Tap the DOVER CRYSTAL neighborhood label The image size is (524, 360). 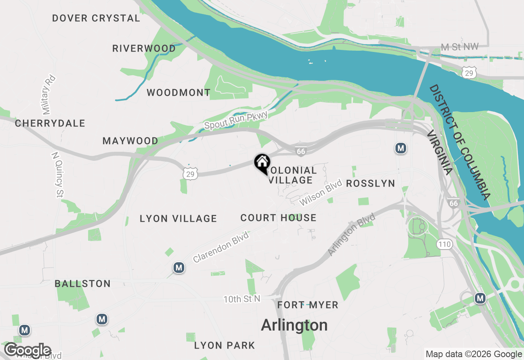pos(96,18)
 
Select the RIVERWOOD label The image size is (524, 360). pos(144,48)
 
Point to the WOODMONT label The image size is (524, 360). pos(178,93)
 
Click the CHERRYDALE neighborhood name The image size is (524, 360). pos(50,123)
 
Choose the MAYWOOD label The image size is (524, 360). pos(130,141)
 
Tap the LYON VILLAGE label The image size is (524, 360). pos(178,218)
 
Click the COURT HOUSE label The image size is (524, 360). pos(278,218)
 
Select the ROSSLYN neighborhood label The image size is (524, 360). pos(370,184)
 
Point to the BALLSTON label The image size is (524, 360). pos(83,283)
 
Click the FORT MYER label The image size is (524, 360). pos(308,305)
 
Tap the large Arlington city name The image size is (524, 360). pos(294,325)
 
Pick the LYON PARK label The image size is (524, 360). pos(224,345)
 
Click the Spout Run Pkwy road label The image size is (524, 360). pos(236,120)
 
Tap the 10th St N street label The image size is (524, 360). pos(242,299)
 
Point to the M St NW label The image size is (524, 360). pos(460,47)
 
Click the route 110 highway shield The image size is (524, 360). pos(444,245)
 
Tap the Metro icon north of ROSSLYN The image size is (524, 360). pos(401,148)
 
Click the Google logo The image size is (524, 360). pos(28,350)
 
